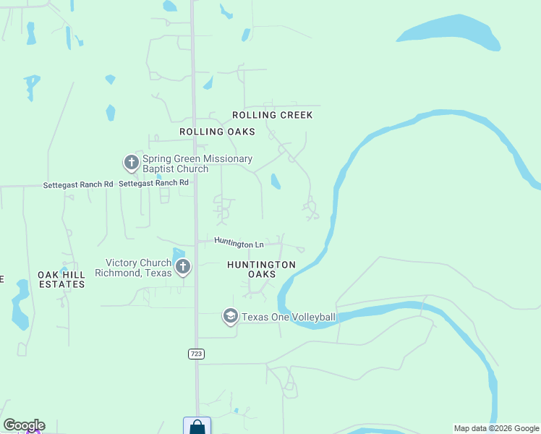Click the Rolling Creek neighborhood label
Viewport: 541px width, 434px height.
272,115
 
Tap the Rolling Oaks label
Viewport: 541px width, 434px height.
217,132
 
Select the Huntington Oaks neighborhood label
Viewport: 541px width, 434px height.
261,269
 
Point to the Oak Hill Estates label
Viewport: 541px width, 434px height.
61,279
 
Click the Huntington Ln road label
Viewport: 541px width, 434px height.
239,244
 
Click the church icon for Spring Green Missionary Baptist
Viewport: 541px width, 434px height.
131,162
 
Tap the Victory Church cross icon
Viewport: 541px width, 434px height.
183,267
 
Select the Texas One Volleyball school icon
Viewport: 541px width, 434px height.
230,316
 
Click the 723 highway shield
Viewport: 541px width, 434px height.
195,353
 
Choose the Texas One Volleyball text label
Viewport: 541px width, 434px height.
288,317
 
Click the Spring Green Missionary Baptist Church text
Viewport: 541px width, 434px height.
197,163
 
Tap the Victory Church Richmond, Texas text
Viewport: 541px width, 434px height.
139,268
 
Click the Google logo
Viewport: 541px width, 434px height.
24,425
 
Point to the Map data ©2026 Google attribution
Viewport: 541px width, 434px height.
497,428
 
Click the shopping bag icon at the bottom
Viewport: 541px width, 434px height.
197,426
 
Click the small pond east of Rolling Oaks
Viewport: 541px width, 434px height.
276,181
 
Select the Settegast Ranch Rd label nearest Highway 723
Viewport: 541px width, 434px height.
153,183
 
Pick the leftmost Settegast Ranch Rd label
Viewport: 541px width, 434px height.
77,184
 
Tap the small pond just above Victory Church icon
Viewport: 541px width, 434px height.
179,252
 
